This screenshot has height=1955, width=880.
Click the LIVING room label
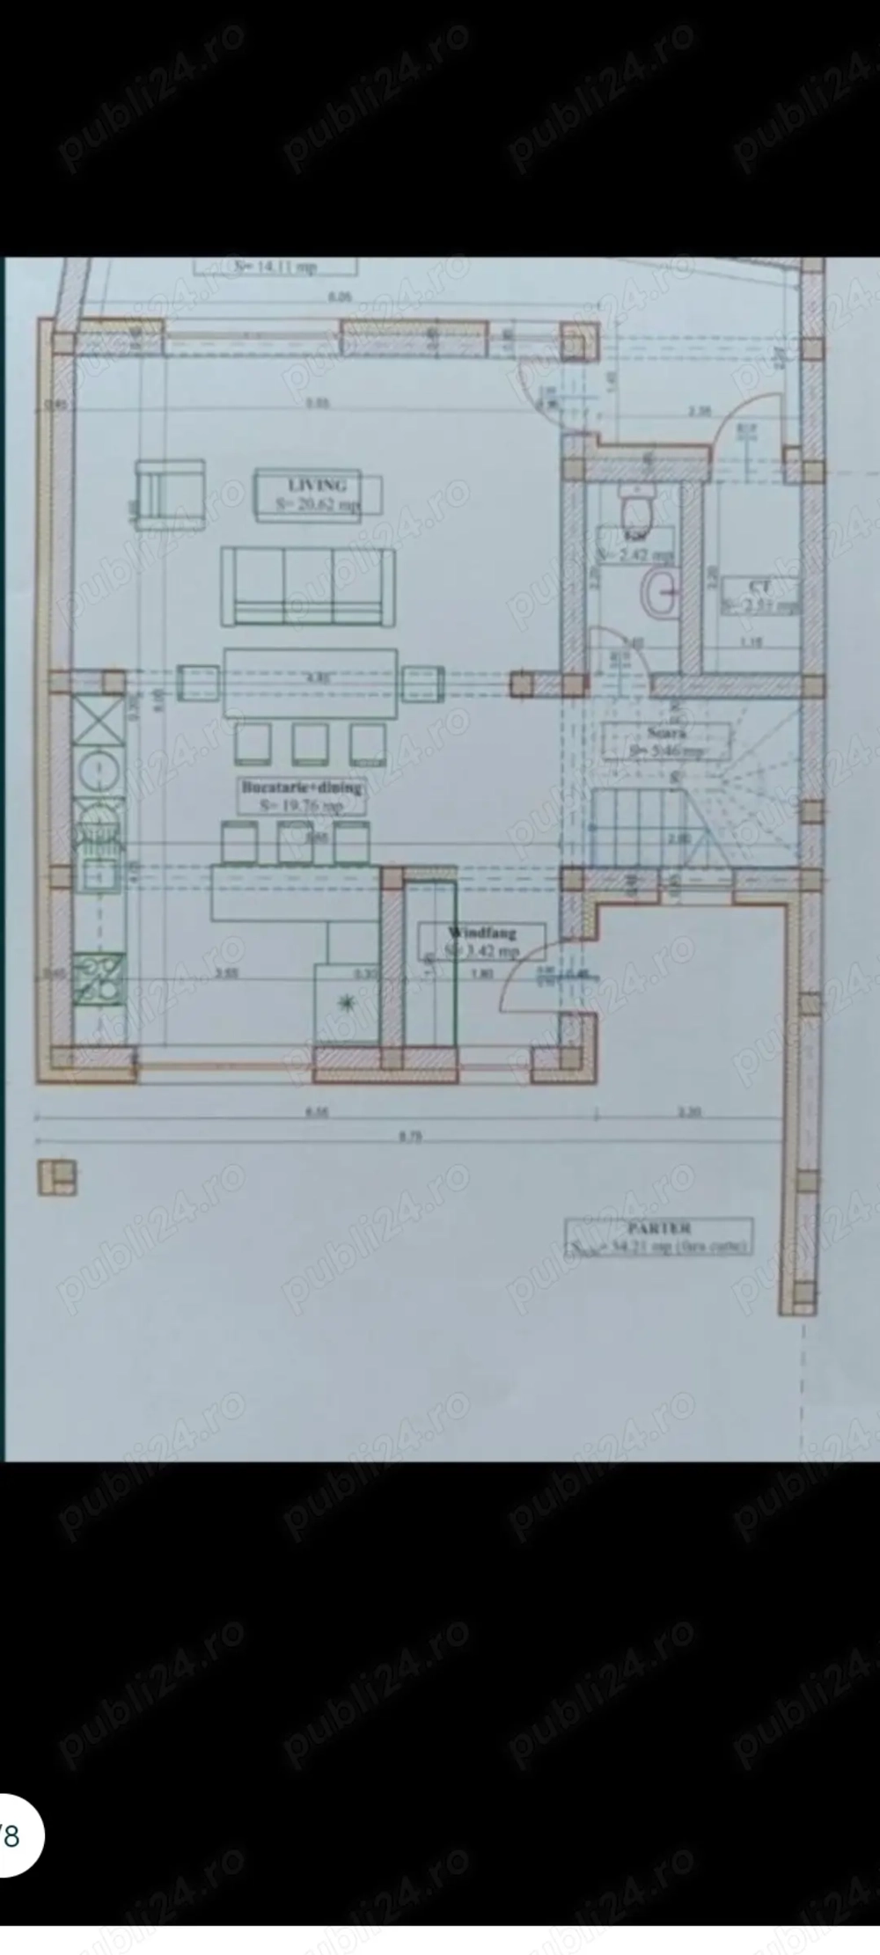[x=318, y=485]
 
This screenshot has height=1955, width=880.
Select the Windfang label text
[x=481, y=933]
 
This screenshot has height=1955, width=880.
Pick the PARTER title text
[x=659, y=1227]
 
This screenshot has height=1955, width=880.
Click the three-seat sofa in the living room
[x=308, y=586]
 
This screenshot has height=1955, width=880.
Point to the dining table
[x=311, y=683]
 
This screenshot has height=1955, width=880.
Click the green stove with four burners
[x=99, y=978]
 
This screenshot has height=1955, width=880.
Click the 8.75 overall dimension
[x=411, y=1137]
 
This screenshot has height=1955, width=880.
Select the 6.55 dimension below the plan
[x=318, y=1112]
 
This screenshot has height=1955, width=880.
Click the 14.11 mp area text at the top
[x=275, y=267]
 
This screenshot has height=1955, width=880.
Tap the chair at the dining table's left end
[x=199, y=683]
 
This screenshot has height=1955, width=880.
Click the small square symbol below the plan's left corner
[x=57, y=1178]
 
